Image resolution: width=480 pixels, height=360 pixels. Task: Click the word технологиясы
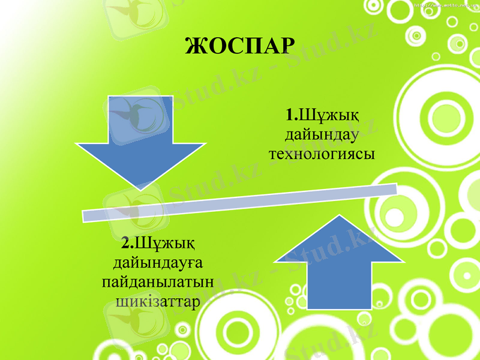322,154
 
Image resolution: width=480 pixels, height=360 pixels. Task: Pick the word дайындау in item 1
322,134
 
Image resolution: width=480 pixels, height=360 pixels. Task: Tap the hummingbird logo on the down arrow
140,114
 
